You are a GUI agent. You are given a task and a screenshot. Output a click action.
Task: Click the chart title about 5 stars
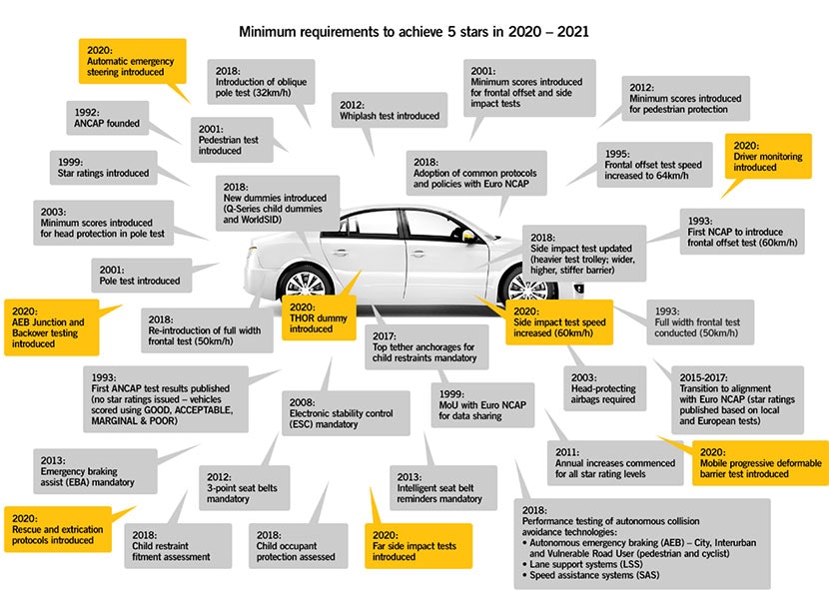(x=414, y=31)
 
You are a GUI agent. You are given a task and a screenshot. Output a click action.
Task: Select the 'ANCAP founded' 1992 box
(x=107, y=118)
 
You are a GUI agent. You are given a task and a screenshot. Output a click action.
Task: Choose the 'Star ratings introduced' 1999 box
(x=103, y=167)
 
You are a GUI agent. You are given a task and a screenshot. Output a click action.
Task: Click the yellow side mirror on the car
(x=467, y=236)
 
